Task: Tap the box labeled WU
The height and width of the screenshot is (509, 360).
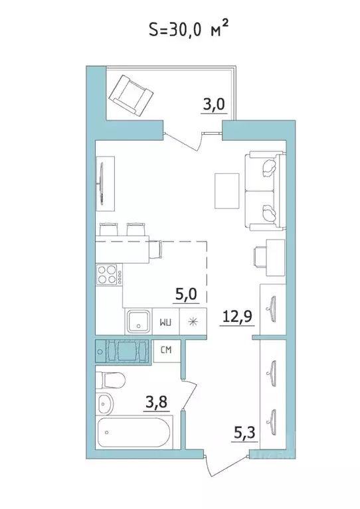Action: [x=166, y=323]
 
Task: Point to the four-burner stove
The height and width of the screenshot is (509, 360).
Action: [x=108, y=275]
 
